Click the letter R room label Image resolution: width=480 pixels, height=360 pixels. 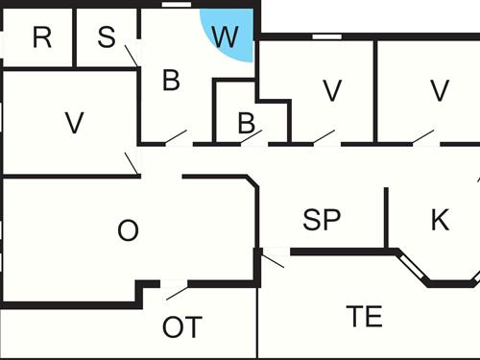(x=41, y=38)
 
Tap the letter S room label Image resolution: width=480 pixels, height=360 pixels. (x=107, y=38)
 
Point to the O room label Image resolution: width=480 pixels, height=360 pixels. (x=128, y=230)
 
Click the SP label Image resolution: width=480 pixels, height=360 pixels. (x=323, y=220)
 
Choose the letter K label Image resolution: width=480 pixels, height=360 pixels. (x=440, y=220)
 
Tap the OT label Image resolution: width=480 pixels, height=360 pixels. (x=182, y=327)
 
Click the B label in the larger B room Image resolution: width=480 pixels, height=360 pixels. (x=171, y=82)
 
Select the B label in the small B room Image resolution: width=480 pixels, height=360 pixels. (x=246, y=123)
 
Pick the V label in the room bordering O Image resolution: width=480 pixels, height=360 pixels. (x=74, y=123)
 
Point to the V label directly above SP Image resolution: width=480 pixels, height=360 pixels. (x=332, y=91)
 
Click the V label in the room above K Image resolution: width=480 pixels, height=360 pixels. (x=440, y=91)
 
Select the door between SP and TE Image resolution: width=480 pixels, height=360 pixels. (x=274, y=257)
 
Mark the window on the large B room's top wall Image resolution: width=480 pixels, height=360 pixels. (x=176, y=6)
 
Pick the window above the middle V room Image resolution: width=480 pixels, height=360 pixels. (x=327, y=36)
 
